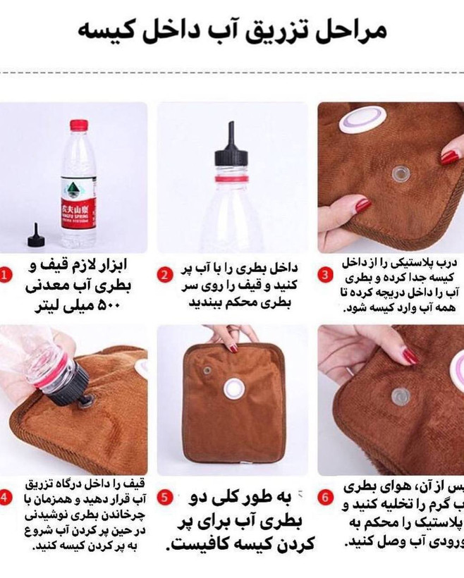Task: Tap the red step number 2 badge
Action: (x=164, y=275)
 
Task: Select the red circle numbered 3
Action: (x=325, y=275)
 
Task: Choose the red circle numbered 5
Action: (x=164, y=498)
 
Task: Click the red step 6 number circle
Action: (x=325, y=498)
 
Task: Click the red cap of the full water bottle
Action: (x=79, y=125)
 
